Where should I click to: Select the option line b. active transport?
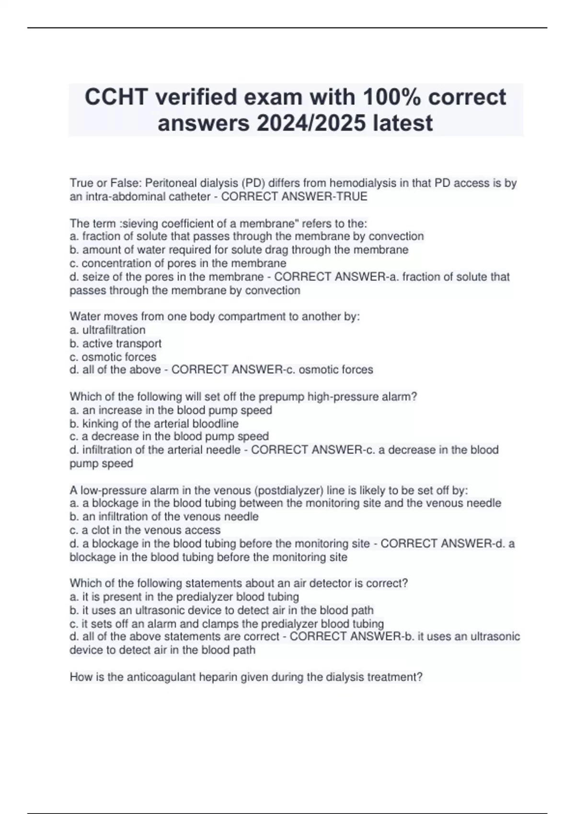pyautogui.click(x=115, y=343)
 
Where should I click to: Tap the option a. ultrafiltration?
pyautogui.click(x=107, y=330)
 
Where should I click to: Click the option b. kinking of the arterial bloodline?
pyautogui.click(x=154, y=423)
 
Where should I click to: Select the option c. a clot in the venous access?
pyautogui.click(x=145, y=530)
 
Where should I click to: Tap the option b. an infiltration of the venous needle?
pyautogui.click(x=164, y=517)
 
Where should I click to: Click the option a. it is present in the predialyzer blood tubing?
pyautogui.click(x=184, y=597)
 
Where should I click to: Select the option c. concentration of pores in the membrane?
pyautogui.click(x=178, y=263)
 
